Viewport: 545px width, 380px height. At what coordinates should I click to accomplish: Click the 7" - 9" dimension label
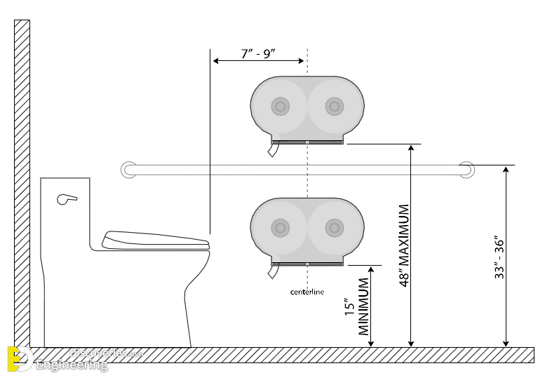click(257, 53)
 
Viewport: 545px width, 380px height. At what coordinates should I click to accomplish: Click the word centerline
click(307, 292)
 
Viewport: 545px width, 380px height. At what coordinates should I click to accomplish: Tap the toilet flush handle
click(67, 199)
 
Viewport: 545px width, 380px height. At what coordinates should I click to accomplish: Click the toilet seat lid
click(156, 240)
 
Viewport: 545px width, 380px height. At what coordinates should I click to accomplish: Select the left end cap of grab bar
click(128, 169)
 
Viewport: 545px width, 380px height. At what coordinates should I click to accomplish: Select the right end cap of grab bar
click(466, 169)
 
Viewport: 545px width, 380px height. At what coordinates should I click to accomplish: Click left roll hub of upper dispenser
click(281, 106)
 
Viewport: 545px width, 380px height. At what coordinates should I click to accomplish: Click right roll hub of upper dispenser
click(334, 106)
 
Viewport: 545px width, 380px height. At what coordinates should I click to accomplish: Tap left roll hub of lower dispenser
click(281, 227)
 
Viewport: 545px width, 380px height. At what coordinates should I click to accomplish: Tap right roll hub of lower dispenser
click(334, 227)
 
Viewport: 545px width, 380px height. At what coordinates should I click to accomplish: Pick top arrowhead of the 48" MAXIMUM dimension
click(411, 148)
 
